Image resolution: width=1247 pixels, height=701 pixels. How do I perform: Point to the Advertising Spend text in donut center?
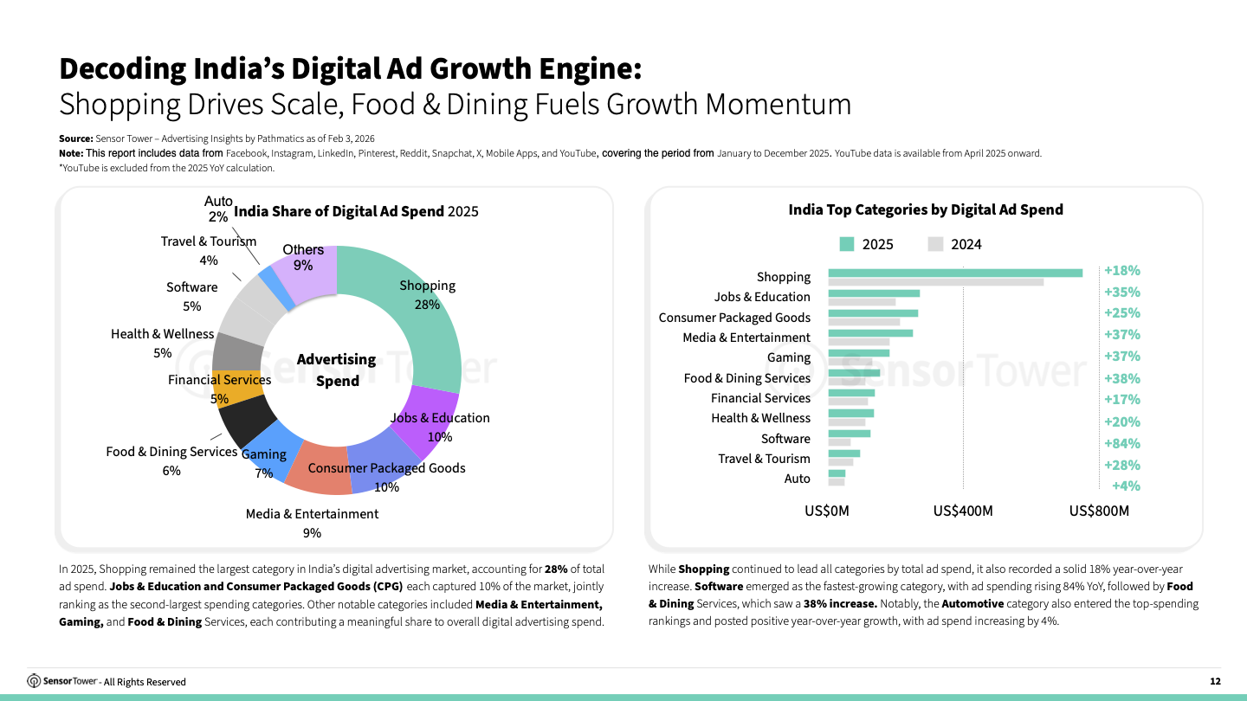[336, 370]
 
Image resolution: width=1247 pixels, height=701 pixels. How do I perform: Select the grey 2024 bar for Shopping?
[935, 282]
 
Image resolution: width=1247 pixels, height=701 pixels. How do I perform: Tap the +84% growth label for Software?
[1121, 443]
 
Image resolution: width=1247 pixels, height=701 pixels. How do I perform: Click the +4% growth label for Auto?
[1126, 486]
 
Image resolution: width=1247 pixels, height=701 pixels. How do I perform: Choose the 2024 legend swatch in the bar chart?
[935, 244]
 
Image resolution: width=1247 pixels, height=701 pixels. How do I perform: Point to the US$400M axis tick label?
[963, 511]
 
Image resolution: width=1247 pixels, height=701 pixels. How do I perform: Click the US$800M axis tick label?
[1099, 511]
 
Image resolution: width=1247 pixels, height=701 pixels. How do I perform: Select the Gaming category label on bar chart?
[788, 357]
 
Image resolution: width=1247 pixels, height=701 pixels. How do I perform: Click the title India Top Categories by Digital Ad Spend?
[925, 209]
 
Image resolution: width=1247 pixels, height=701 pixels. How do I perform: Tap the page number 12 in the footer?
[1215, 681]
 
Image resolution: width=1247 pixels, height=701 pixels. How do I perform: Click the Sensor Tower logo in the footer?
[62, 681]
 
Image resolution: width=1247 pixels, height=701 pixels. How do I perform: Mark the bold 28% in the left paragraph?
[556, 569]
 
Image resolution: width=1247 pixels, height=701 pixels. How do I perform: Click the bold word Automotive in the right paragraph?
[972, 603]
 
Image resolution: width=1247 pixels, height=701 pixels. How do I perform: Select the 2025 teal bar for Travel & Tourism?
[843, 453]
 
